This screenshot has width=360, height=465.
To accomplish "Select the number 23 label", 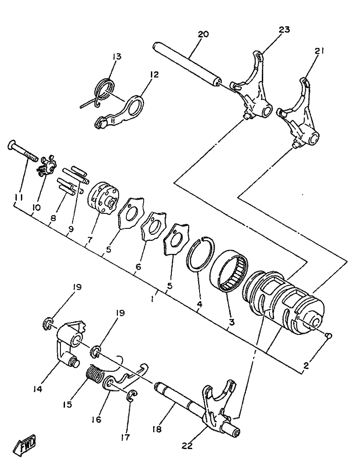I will point(284,30).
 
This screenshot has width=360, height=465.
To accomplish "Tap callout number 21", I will point(319,52).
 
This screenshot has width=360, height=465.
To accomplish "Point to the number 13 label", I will point(117,57).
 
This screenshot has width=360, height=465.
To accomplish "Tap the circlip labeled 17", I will point(131,396).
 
